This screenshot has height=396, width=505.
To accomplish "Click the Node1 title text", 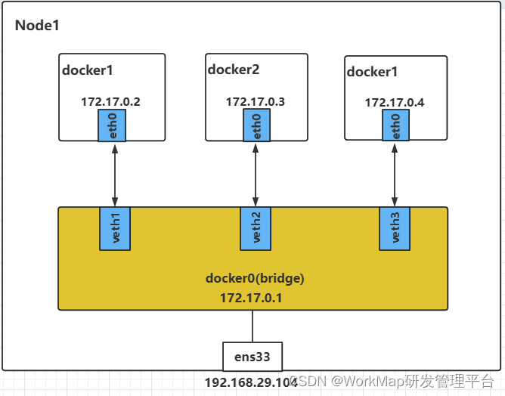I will tap(37, 26).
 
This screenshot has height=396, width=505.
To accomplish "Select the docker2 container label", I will tap(233, 70).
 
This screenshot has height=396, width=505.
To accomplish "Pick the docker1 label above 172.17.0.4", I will tap(372, 72).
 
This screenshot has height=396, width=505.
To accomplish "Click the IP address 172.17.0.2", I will tap(111, 101).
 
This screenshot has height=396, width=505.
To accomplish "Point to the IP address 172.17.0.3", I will tap(255, 101).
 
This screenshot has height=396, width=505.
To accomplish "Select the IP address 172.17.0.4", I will tap(395, 102).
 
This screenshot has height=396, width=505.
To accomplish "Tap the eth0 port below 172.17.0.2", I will tap(112, 125).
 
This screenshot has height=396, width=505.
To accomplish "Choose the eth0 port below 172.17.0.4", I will tap(394, 125).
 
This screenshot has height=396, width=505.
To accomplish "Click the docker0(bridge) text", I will tap(254, 278).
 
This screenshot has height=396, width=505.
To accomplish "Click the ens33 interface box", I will tap(253, 355).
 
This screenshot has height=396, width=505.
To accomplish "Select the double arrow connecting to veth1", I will tap(115, 173).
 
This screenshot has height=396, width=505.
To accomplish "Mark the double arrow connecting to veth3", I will tap(394, 173).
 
